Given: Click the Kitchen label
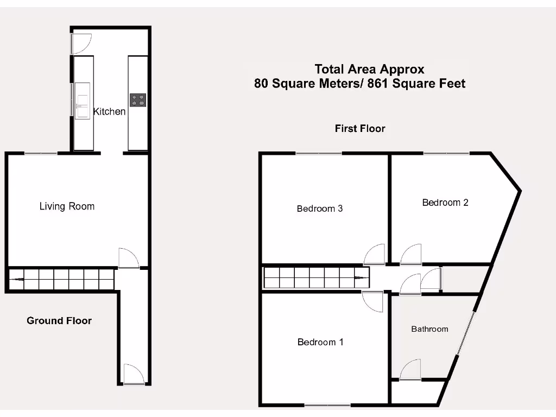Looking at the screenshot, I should pyautogui.click(x=110, y=111).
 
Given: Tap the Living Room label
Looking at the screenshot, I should pyautogui.click(x=67, y=206).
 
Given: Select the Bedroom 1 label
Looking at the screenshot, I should pyautogui.click(x=320, y=342).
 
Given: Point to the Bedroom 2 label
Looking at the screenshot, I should pyautogui.click(x=445, y=203).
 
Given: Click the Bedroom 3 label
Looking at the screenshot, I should pyautogui.click(x=320, y=208).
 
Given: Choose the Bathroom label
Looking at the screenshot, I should pyautogui.click(x=429, y=329).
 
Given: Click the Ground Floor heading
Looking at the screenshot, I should pyautogui.click(x=59, y=321).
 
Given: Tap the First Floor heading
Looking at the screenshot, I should pyautogui.click(x=360, y=129).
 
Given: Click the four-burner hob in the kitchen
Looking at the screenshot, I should pyautogui.click(x=138, y=100).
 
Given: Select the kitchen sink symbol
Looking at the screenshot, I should pyautogui.click(x=83, y=100).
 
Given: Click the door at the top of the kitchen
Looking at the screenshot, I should pyautogui.click(x=81, y=43).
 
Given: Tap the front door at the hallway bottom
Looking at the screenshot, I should pyautogui.click(x=133, y=375).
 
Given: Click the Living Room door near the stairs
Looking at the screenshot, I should pyautogui.click(x=128, y=258).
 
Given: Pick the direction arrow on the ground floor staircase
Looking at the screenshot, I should pyautogui.click(x=17, y=280).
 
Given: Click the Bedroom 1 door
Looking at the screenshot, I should pyautogui.click(x=374, y=301).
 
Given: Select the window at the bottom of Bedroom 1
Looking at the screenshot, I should pyautogui.click(x=327, y=405).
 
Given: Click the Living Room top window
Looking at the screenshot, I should pyautogui.click(x=41, y=154).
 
